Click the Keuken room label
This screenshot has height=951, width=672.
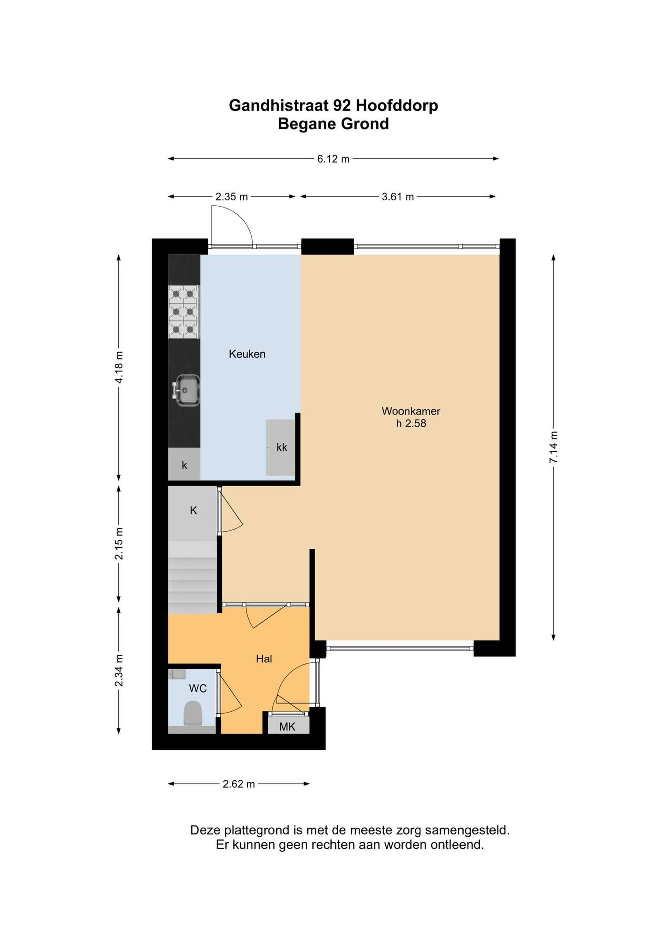tap(247, 354)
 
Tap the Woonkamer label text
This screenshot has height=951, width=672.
tap(411, 411)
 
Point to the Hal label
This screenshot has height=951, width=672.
tap(264, 659)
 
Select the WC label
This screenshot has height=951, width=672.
tap(198, 688)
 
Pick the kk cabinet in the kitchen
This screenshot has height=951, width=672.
tap(281, 447)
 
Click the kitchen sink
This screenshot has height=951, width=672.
tap(187, 390)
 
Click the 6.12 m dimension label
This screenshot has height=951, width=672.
tap(333, 159)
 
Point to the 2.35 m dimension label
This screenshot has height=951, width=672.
tap(231, 197)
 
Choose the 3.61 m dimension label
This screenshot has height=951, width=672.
tap(398, 197)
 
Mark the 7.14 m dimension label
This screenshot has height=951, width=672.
tap(554, 447)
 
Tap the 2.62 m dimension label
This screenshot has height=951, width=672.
tap(239, 784)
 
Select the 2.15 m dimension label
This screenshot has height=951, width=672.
tap(119, 543)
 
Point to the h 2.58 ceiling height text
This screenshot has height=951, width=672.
tap(411, 423)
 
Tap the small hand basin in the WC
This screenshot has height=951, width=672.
tap(177, 674)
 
